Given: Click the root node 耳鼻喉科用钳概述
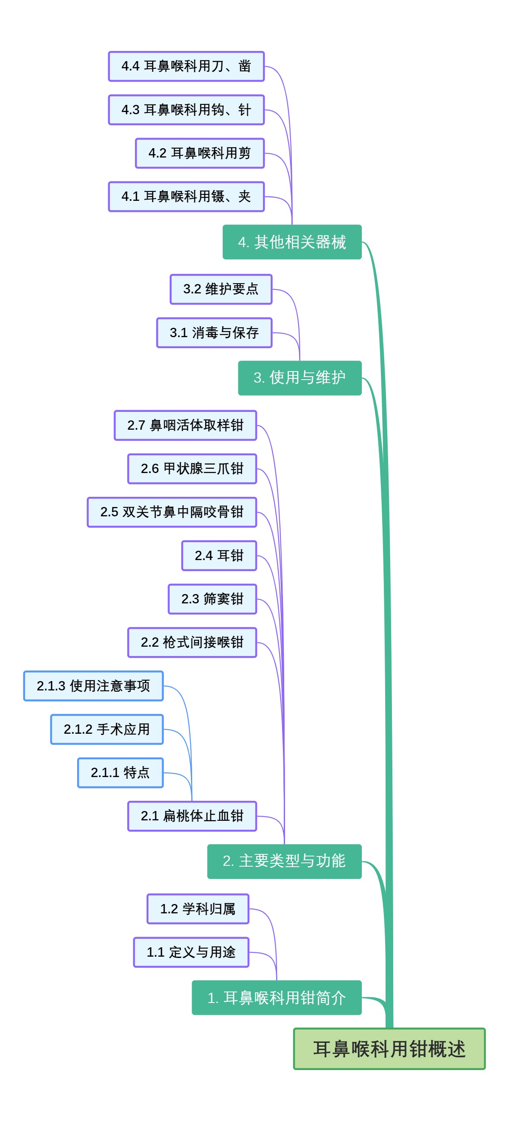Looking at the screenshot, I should coord(389,1048).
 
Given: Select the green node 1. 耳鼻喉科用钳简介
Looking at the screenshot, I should coord(277,997).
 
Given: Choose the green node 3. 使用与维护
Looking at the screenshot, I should coord(299,378).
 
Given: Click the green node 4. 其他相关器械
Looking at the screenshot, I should coord(292,242).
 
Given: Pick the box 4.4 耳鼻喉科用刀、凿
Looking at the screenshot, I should coord(186,66).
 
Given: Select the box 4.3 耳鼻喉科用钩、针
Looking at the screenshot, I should coord(186,110).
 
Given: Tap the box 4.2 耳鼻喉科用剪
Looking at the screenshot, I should coord(199,153).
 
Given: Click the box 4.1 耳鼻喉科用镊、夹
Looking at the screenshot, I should coord(186,196).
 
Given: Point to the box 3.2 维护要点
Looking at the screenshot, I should coord(221,289).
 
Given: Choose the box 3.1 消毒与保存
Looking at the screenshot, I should coord(214,332).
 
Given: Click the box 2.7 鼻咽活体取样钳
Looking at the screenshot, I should coord(185,425).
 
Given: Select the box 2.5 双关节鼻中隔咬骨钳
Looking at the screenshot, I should coord(172,512).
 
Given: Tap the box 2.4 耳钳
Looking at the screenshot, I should coord(218,555).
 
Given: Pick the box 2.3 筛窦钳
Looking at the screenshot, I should coord(212,599).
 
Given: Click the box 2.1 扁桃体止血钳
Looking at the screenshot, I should coord(192,816).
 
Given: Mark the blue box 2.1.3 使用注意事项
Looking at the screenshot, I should coord(93,686).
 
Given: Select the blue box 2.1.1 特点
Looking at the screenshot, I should coord(120,772).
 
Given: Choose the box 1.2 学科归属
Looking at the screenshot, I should coord(197,909).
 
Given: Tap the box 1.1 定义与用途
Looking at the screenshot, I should coord(191,952).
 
